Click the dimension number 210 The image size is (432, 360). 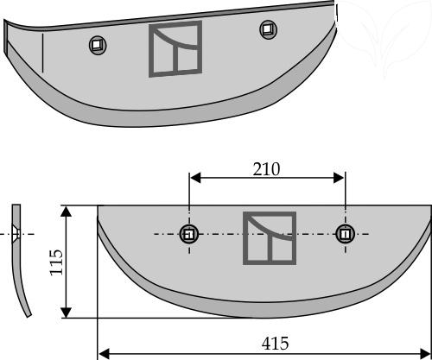tap(266, 169)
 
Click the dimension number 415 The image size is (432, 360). tap(275, 344)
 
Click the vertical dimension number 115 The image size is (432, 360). tap(56, 262)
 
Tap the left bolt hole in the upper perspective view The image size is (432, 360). tap(98, 45)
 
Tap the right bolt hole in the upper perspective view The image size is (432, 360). tap(269, 29)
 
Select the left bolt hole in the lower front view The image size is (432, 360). tap(189, 234)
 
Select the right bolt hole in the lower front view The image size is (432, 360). tap(345, 234)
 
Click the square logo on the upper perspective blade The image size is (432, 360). tap(175, 49)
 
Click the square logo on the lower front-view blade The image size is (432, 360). tap(270, 238)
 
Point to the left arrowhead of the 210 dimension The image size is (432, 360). tap(195, 178)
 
